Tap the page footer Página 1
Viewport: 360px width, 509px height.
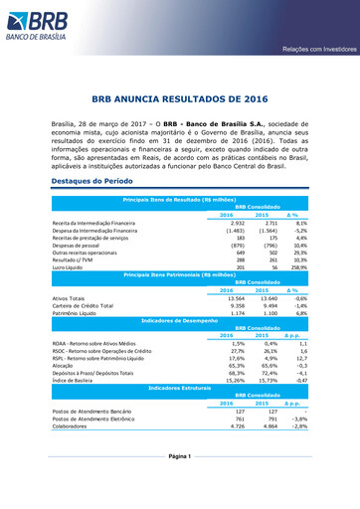pos(180,482)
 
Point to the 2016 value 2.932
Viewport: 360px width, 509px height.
pos(237,224)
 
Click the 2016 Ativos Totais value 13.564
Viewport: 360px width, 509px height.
pos(236,297)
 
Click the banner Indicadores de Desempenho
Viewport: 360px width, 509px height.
pos(180,321)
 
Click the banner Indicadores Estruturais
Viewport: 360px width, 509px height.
pos(180,387)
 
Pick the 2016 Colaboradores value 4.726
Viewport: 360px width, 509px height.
pos(237,424)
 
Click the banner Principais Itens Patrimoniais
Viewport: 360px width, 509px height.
pos(180,275)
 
